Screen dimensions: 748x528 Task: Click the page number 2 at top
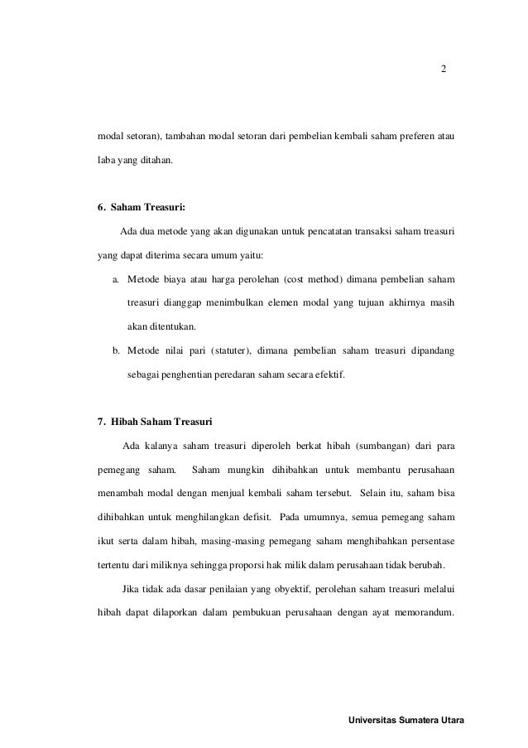[443, 69]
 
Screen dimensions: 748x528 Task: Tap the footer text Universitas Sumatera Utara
[407, 720]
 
